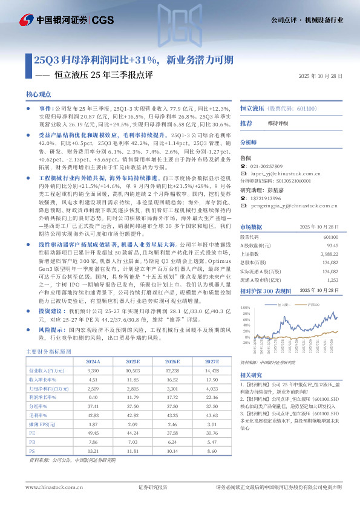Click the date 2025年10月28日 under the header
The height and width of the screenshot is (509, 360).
pos(321,76)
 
